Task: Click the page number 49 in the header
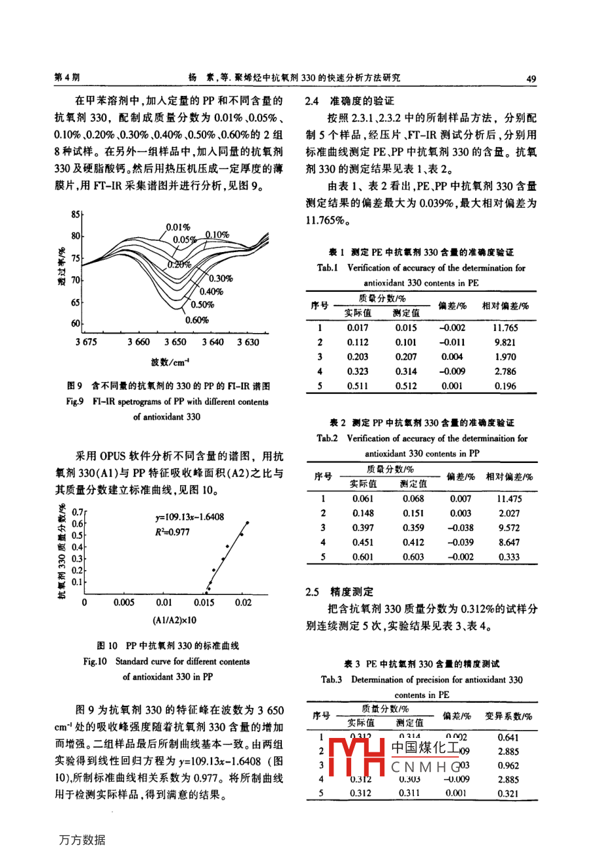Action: (x=531, y=79)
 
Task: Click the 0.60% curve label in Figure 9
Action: (x=196, y=320)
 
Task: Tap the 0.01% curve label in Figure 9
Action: (x=178, y=227)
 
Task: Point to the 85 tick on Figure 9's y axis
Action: (x=75, y=215)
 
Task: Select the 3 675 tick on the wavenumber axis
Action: (x=86, y=342)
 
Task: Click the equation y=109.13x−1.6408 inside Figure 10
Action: (x=189, y=517)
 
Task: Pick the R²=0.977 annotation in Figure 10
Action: (x=168, y=532)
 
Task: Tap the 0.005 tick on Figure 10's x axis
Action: (x=124, y=602)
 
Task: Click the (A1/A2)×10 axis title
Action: (x=174, y=620)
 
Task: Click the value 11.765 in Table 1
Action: (x=505, y=328)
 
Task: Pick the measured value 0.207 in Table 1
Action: (x=406, y=357)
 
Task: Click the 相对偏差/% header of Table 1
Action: (x=505, y=306)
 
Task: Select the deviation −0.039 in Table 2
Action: (x=460, y=542)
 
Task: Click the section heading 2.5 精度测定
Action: (x=339, y=592)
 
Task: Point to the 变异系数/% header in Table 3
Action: (x=508, y=716)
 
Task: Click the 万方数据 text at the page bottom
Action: (x=82, y=840)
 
